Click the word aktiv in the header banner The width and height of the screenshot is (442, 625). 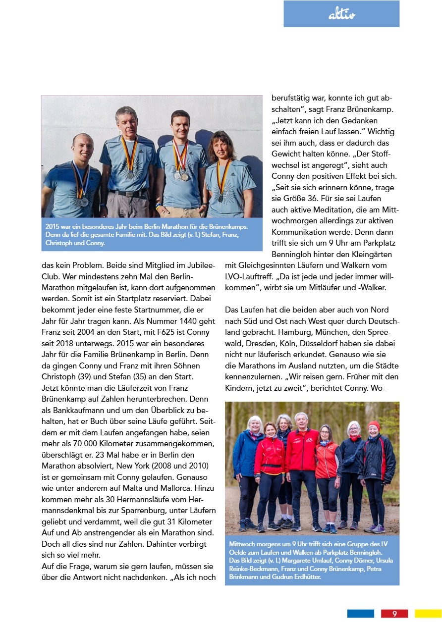click(x=342, y=15)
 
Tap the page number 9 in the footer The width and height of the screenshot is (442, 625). click(x=394, y=614)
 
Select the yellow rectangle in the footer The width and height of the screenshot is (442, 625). click(x=428, y=614)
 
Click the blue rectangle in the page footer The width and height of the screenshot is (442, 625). click(x=360, y=614)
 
